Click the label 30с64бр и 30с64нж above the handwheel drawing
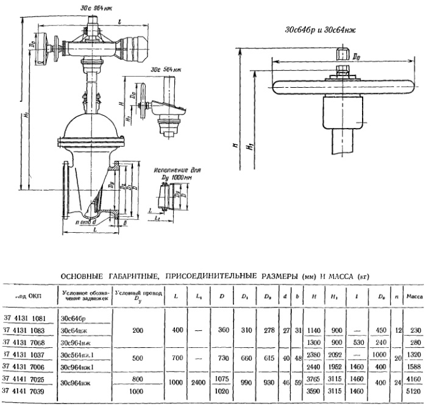tap(316, 29)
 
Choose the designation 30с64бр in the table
tap(74, 318)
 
